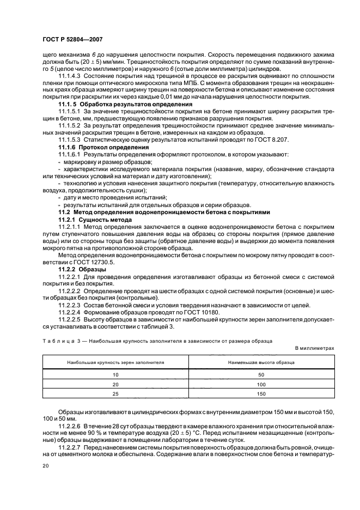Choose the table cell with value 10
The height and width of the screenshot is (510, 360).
(115, 375)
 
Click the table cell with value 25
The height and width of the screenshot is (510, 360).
(115, 392)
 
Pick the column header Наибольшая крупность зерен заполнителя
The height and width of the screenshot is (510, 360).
(115, 361)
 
